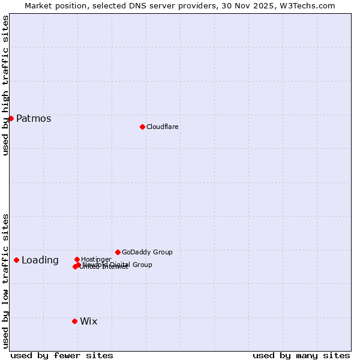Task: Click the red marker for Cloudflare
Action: pos(142,127)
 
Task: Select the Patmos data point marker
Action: pos(11,118)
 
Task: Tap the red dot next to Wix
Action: pos(74,321)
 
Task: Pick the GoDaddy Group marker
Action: pos(118,252)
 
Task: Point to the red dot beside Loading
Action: pos(16,260)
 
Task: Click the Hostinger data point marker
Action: pos(77,259)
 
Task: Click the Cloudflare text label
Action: pos(162,127)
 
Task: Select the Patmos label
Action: pos(34,118)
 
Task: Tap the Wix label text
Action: pos(88,321)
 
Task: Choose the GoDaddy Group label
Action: pos(147,252)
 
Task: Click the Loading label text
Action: pos(40,260)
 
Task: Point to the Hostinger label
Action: pos(96,259)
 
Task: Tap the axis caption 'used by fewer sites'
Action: pos(62,355)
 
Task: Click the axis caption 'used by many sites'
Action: pos(301,355)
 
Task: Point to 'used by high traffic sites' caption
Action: pos(5,85)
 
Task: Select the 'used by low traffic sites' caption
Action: pos(5,280)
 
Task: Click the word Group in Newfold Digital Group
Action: pos(142,265)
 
